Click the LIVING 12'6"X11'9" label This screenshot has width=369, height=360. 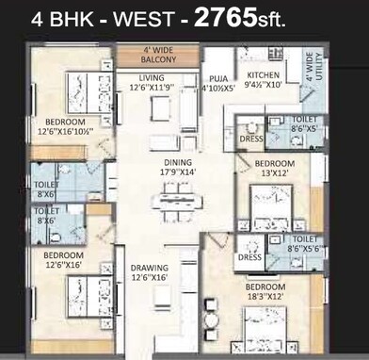pos(152,84)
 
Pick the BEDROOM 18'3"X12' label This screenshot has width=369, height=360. pos(265,292)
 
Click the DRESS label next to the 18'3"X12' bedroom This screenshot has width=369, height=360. pos(249,257)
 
